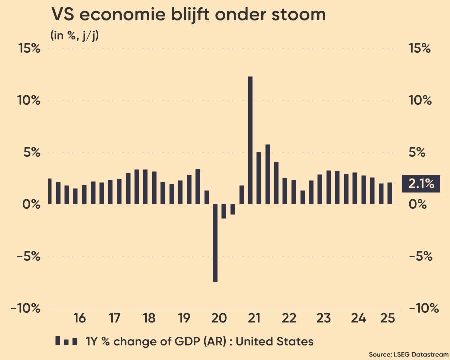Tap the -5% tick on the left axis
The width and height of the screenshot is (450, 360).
[26, 256]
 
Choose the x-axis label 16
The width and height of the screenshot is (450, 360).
[79, 318]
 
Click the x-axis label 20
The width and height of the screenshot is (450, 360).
[219, 318]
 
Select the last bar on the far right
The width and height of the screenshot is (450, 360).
[390, 193]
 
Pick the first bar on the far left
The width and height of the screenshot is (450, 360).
[49, 191]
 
